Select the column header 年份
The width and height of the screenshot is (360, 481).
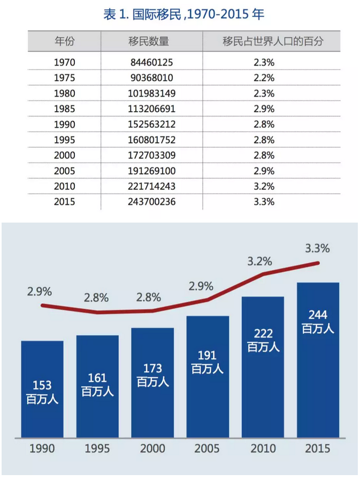tap(65, 41)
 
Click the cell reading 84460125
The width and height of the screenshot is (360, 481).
tap(152, 62)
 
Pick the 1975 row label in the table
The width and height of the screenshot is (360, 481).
tap(65, 78)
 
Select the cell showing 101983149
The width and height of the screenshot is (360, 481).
tap(152, 93)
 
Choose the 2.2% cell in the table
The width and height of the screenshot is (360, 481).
tap(264, 78)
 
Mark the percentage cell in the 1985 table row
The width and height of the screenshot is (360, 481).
tap(264, 109)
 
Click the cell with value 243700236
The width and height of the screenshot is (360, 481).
tap(152, 202)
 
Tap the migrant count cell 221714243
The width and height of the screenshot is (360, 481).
tap(152, 187)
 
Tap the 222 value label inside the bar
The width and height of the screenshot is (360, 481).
tap(263, 334)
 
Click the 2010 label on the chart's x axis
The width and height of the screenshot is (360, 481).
tap(263, 448)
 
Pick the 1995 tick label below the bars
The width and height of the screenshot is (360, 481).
tap(97, 448)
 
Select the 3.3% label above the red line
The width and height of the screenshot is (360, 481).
tap(317, 248)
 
